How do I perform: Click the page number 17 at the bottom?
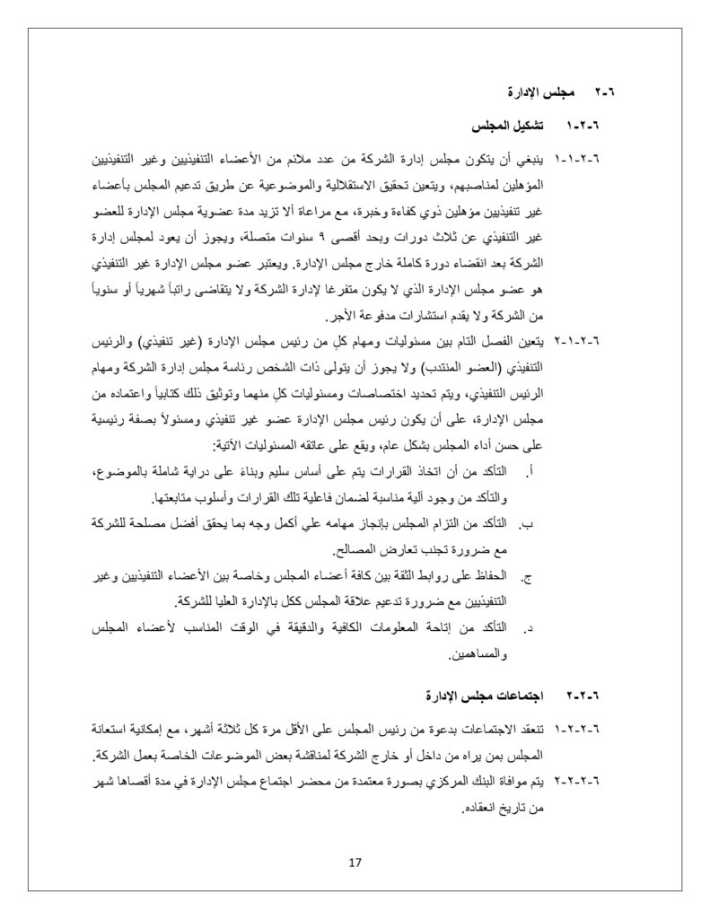[354, 863]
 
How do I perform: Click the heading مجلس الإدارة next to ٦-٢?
[535, 92]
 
